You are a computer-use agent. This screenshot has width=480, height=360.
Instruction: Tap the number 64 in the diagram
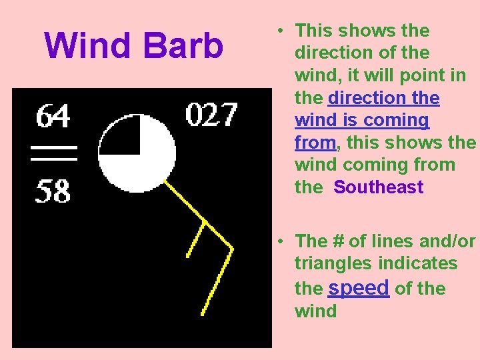[53, 118]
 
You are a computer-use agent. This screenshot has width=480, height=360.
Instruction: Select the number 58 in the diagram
[53, 191]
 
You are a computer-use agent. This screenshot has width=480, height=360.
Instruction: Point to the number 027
[211, 115]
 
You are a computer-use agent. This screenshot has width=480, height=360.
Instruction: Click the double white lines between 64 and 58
[54, 153]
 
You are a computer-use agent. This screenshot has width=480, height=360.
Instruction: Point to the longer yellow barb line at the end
[217, 281]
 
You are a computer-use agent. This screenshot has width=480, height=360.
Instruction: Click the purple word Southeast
[379, 187]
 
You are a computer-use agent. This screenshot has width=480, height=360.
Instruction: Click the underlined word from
[315, 143]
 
